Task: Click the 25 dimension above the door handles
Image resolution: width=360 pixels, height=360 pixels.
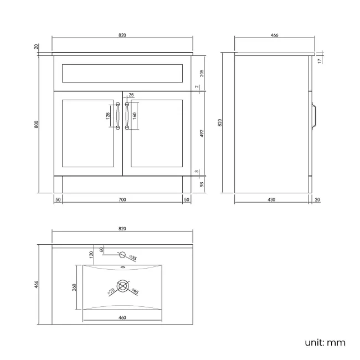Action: pos(131,95)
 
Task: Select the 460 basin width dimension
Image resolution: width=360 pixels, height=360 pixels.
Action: pos(122,317)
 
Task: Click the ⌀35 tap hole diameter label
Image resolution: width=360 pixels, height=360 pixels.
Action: pos(133,258)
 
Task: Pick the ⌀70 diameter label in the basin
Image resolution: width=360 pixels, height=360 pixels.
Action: pos(111,291)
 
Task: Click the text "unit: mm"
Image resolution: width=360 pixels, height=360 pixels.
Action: pos(325,342)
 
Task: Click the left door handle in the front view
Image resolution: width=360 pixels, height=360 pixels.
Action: pos(118,116)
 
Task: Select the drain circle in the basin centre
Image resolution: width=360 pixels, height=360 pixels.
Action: pos(124,287)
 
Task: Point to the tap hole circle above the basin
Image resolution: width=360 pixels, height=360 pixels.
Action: pos(123,255)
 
